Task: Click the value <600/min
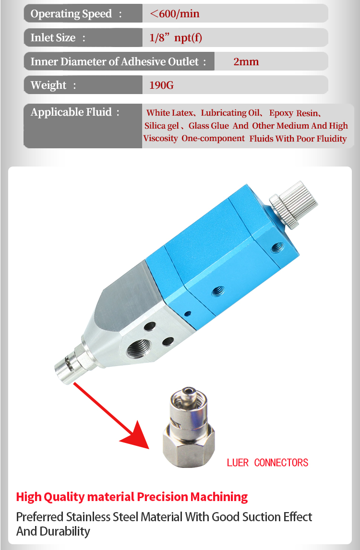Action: (x=175, y=14)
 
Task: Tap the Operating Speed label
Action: (x=71, y=14)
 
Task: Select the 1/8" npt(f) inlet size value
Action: (x=176, y=37)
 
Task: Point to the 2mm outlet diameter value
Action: (x=246, y=61)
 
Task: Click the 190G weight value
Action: (x=161, y=85)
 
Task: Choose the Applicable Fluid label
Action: (x=71, y=112)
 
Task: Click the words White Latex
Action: (x=170, y=113)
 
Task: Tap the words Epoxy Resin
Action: (x=293, y=113)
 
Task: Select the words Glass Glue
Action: (x=208, y=126)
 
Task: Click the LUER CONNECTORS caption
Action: (x=267, y=463)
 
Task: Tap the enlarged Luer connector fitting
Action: (x=189, y=427)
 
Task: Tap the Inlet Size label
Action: (x=53, y=37)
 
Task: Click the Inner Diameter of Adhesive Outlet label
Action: (x=114, y=61)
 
